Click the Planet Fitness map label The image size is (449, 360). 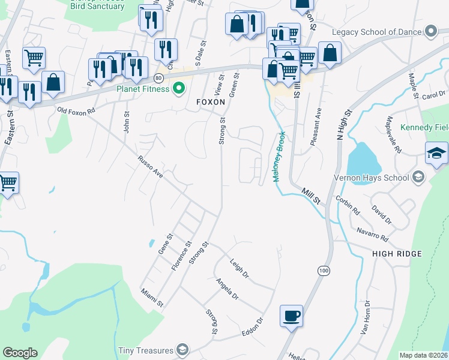click(x=143, y=89)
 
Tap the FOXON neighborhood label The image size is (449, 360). click(x=211, y=103)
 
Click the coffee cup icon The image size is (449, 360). click(x=291, y=316)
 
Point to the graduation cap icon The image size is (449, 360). click(x=436, y=154)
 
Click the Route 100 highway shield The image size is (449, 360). click(x=324, y=272)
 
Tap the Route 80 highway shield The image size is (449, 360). click(x=158, y=78)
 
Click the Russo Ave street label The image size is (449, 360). click(x=150, y=167)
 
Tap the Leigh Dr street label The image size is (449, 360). click(x=239, y=268)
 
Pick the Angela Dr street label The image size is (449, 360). click(x=228, y=289)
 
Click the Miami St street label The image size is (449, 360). click(x=152, y=297)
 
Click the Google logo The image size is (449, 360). click(x=20, y=353)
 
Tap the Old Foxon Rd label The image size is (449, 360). click(x=76, y=111)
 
